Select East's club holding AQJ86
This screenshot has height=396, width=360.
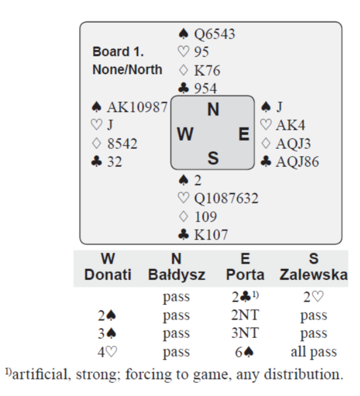coord(290,163)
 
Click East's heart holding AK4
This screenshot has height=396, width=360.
coord(284,125)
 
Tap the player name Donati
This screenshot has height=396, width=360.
coord(104,275)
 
